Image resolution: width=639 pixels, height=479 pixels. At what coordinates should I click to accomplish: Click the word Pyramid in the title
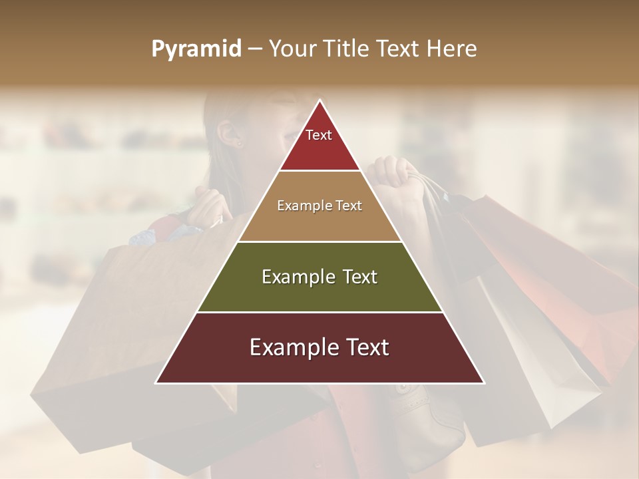pos(196,49)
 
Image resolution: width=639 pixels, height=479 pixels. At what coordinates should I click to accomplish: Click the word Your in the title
pos(292,49)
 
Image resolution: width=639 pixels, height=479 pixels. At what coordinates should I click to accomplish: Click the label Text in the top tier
pos(319,135)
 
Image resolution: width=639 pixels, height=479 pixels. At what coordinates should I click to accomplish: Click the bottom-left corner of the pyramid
pos(156,383)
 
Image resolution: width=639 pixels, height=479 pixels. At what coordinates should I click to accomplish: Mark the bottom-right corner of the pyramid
pos(483,383)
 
